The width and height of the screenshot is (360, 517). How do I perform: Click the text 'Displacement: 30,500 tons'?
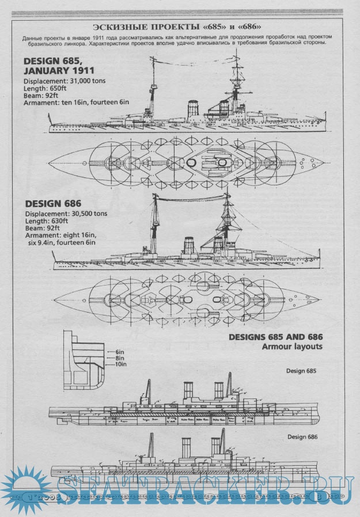tap(65, 214)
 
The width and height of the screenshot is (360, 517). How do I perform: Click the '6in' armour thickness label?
tap(120, 351)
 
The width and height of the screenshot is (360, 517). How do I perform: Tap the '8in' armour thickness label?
tap(120, 358)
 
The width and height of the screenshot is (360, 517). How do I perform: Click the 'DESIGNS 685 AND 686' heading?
tap(275, 337)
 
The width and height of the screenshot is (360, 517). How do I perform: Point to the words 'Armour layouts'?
tap(292, 347)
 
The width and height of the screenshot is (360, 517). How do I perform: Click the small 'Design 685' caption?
tap(301, 371)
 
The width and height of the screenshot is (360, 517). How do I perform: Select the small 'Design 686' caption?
tap(303, 437)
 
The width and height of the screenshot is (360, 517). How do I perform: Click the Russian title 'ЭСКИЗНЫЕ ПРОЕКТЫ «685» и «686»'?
tap(180, 27)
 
